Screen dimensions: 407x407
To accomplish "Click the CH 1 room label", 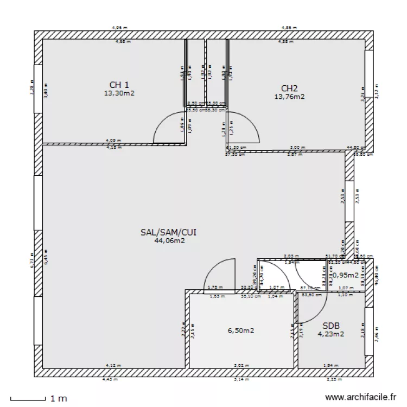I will coord(119,85).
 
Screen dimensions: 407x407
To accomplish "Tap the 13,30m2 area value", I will coord(119,93).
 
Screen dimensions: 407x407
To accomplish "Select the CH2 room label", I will coord(289,88).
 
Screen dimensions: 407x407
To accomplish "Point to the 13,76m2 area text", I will coord(289,97).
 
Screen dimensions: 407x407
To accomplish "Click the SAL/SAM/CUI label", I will coord(168,232).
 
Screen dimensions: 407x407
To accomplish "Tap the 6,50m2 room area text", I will coord(241,330).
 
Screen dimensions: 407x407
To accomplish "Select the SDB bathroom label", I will coord(330,326).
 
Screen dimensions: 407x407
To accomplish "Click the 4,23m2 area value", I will coord(330,334).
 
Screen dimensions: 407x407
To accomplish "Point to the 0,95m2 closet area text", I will coord(345,275).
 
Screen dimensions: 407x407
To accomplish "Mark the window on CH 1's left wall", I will coord(38,90).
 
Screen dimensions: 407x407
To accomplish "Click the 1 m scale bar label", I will coord(59,399).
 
